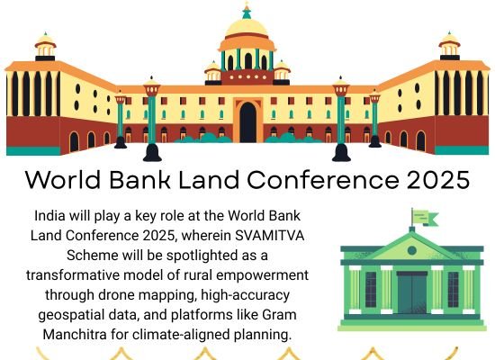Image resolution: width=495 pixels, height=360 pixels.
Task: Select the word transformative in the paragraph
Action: point(69,274)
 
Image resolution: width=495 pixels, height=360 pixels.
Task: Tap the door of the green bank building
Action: point(412,292)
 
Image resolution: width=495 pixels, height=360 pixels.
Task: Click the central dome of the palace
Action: point(247,27)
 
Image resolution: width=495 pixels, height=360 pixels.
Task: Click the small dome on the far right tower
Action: point(450,40)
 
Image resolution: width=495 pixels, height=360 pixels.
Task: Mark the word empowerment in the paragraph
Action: point(261,274)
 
